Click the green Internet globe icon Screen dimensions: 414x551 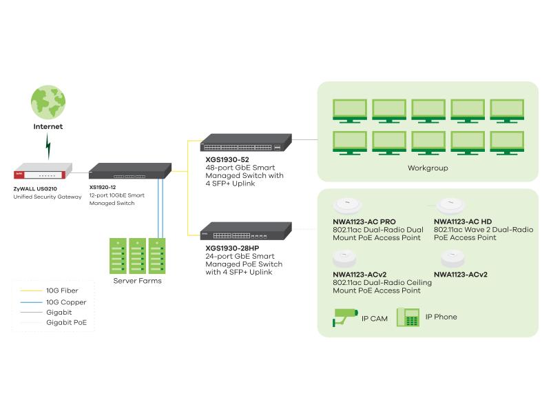coord(48,101)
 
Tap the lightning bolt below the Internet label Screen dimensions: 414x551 coord(48,145)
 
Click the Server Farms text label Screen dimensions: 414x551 coord(138,281)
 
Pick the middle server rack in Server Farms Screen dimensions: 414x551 coord(138,256)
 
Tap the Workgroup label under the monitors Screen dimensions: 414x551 coord(427,168)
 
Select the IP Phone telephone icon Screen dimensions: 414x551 coord(408,318)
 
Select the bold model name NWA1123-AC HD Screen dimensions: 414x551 coord(463,221)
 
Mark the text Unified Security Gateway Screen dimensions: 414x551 coord(47,197)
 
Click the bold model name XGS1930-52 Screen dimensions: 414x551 coord(225,159)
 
